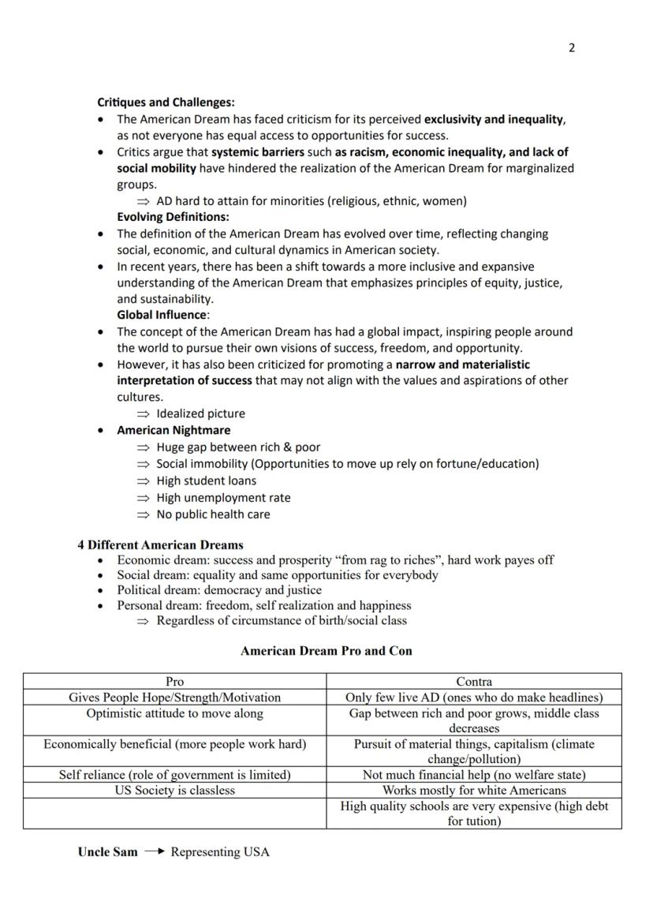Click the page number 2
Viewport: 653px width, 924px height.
[572, 48]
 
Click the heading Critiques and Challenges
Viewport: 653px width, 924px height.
[166, 103]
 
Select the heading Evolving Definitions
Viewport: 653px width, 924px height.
[173, 217]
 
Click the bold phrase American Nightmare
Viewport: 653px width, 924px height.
[174, 430]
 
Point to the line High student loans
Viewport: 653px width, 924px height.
[206, 481]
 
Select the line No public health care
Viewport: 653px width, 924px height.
[213, 514]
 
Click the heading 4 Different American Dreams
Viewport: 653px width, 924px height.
[160, 545]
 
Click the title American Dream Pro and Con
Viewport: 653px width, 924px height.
[326, 651]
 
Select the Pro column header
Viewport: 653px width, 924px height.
[174, 681]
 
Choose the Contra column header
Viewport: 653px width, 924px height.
[474, 681]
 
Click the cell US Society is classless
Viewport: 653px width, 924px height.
[174, 790]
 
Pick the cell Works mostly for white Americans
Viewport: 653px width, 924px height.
[474, 790]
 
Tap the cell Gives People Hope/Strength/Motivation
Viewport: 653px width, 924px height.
[174, 698]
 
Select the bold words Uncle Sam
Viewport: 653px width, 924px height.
[107, 852]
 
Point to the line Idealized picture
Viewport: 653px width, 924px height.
[200, 413]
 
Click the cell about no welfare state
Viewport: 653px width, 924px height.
[474, 775]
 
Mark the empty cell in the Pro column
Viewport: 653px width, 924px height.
[174, 813]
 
